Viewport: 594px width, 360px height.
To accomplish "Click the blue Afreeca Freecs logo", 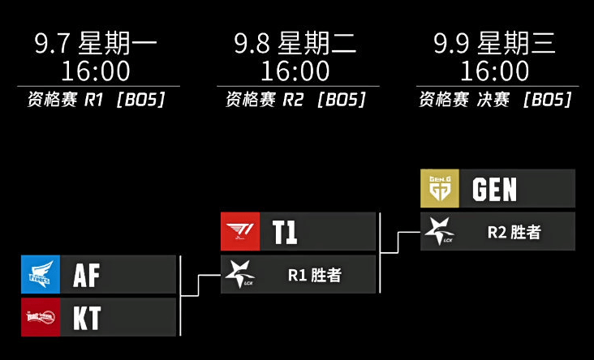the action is [x=41, y=274].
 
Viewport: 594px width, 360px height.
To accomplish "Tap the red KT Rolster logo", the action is [x=41, y=317].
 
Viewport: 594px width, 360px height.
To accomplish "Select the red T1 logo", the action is [x=240, y=231].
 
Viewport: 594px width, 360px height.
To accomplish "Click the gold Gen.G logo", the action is [x=440, y=188].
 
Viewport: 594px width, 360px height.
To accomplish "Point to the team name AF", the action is [x=86, y=275].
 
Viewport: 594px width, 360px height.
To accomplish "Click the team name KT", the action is [x=87, y=318].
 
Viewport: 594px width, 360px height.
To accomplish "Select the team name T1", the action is [x=285, y=232].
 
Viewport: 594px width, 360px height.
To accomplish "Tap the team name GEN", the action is [x=494, y=189].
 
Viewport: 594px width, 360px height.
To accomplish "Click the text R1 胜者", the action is [x=314, y=275].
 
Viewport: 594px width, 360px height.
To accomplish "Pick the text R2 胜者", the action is [x=514, y=232].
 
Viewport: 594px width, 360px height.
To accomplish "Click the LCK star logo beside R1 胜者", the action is [x=240, y=274].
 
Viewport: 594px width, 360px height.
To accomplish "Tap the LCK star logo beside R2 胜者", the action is [x=440, y=231].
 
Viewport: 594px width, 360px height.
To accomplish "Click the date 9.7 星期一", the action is [x=96, y=43].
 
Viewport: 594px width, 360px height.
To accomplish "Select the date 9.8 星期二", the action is [x=295, y=43].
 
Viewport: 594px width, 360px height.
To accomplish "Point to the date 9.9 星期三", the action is [x=495, y=43].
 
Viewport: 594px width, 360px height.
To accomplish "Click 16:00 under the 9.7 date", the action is [x=96, y=71].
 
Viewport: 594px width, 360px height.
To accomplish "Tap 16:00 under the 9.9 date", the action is [x=495, y=71].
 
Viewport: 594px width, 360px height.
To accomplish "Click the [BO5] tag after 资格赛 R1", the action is [x=141, y=100].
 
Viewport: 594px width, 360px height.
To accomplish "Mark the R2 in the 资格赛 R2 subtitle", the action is [x=293, y=100].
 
